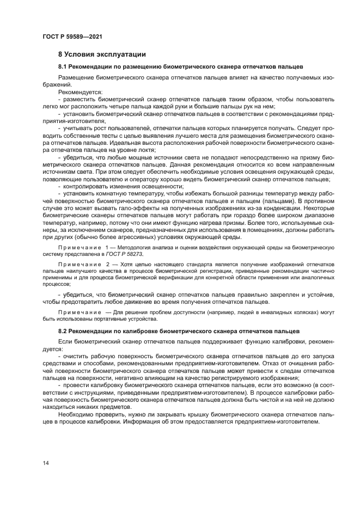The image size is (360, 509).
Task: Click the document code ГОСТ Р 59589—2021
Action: pyautogui.click(x=72, y=36)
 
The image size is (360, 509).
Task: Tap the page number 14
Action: pyautogui.click(x=46, y=463)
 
